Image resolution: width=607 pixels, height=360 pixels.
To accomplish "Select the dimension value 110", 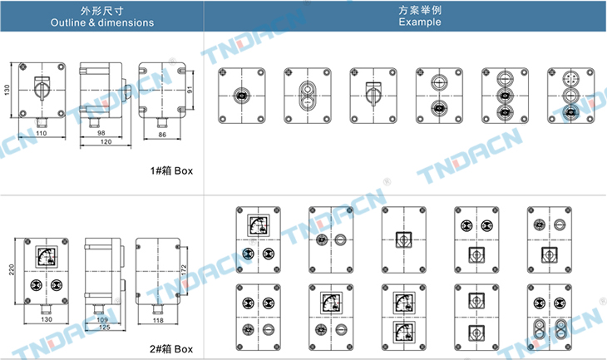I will click(41, 133).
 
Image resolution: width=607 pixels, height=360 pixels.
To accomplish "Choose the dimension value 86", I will click(160, 133).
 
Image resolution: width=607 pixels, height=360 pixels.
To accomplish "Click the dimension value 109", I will click(101, 320).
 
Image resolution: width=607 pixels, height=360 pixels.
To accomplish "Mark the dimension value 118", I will click(159, 320).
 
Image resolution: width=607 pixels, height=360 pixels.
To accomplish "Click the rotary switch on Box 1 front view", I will click(40, 86).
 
